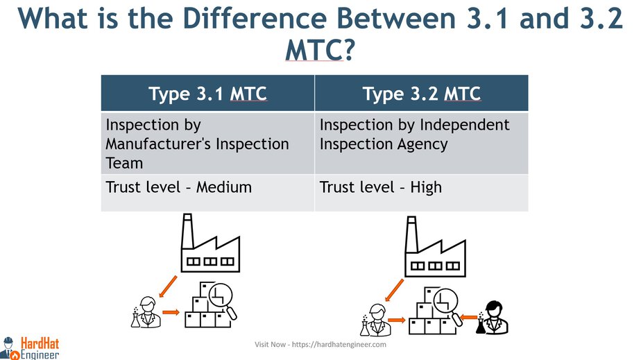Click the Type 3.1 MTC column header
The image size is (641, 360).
(x=207, y=93)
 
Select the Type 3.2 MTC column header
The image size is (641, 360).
(x=422, y=93)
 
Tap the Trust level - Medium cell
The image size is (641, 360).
(x=207, y=192)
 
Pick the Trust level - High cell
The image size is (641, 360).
(x=422, y=192)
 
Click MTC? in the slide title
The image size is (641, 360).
(x=319, y=51)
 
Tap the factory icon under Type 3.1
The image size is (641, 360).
(x=210, y=243)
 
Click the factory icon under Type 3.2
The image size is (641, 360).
(x=435, y=246)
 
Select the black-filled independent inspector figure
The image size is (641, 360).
(x=493, y=318)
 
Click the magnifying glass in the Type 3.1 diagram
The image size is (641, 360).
(x=223, y=301)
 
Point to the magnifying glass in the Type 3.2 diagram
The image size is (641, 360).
(x=448, y=307)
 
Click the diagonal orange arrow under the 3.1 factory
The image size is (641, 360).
(x=168, y=286)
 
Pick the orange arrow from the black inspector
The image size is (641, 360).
(x=469, y=317)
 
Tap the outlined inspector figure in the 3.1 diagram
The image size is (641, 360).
(x=146, y=312)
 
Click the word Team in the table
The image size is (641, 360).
(x=124, y=163)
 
